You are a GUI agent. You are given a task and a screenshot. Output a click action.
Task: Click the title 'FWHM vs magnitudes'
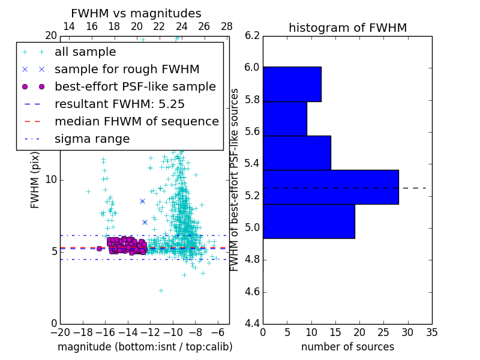tap(136, 14)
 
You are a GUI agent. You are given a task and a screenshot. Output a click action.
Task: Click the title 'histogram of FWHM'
tap(347, 28)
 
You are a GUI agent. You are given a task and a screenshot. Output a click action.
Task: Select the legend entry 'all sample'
tap(85, 52)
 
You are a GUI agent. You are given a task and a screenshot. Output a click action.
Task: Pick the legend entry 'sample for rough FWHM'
tap(127, 69)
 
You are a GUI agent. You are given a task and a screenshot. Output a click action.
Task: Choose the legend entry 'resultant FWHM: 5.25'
tap(119, 104)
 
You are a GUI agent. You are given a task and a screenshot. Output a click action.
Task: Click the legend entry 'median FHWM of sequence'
tap(137, 121)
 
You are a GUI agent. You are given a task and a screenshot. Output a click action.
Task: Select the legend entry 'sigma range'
tap(92, 139)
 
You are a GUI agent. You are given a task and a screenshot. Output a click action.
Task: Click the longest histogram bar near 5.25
tap(331, 187)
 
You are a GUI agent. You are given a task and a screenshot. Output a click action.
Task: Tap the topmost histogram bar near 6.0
tap(292, 84)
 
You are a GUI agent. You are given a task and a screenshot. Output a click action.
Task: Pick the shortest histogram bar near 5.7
tap(284, 119)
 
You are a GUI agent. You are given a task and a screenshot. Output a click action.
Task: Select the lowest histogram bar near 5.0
tap(308, 221)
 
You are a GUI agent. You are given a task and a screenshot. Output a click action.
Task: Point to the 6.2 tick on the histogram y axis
tap(252, 35)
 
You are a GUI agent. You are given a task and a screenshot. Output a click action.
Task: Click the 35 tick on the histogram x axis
tap(432, 332)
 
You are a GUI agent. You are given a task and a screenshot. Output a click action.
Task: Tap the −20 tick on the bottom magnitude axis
tap(60, 332)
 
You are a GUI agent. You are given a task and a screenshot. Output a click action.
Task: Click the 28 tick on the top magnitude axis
tap(227, 26)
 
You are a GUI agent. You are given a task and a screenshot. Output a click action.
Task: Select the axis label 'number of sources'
tap(347, 347)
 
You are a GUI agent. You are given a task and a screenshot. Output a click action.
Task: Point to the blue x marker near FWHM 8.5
tap(142, 201)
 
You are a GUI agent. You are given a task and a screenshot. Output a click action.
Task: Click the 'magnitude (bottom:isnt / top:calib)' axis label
tap(145, 347)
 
